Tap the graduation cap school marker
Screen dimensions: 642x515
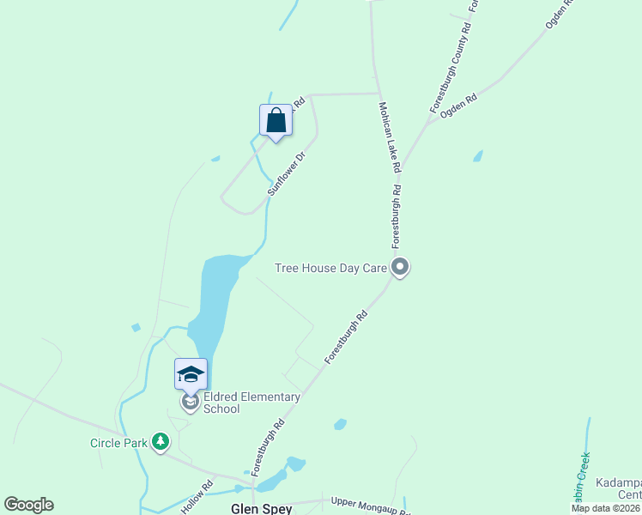[191, 374]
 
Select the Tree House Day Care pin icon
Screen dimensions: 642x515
[400, 268]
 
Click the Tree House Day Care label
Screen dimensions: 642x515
[330, 268]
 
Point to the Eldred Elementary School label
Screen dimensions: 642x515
[251, 403]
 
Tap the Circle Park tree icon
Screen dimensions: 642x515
[160, 442]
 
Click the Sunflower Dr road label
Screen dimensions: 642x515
[287, 175]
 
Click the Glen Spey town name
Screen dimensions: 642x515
[261, 508]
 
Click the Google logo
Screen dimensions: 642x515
[28, 505]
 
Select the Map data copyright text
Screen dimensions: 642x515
[606, 508]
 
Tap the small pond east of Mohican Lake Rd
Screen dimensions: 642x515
[477, 156]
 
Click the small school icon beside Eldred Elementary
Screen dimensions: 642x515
[190, 402]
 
